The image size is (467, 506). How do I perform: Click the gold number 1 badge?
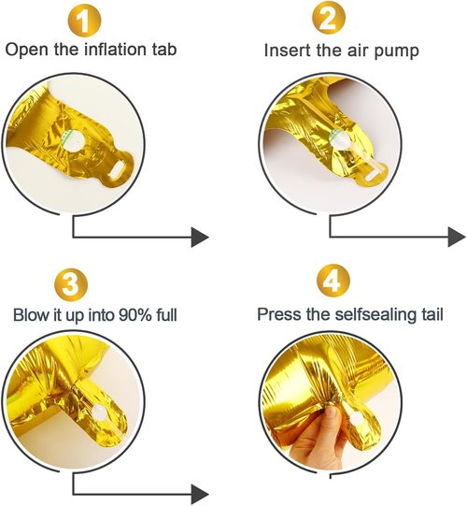(x=84, y=21)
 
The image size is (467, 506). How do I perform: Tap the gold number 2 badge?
(x=329, y=19)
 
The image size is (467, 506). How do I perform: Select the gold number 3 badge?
(x=71, y=284)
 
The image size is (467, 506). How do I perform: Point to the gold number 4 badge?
(x=333, y=280)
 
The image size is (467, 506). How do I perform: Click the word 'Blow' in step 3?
(x=30, y=314)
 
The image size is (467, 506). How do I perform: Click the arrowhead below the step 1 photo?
(x=200, y=238)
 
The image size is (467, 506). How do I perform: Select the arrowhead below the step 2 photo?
(x=457, y=237)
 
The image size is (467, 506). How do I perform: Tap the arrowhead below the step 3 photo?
(x=200, y=494)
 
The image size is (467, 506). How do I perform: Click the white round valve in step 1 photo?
(x=74, y=141)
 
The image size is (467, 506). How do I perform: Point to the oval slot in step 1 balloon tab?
(x=118, y=168)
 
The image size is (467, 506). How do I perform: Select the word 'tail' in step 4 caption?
(x=432, y=314)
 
